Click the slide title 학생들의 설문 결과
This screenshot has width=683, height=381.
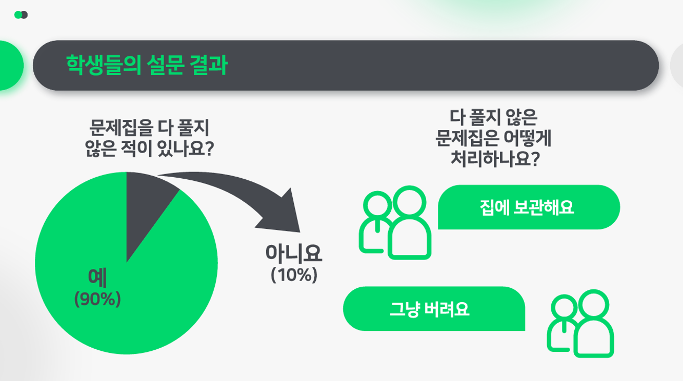click(147, 65)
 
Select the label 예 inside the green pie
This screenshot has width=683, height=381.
click(97, 278)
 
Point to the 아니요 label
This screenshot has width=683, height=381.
click(294, 253)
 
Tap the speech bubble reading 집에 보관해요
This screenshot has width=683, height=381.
click(529, 207)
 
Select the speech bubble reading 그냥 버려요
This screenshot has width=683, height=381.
click(434, 309)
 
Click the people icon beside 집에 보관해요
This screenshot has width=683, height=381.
click(395, 223)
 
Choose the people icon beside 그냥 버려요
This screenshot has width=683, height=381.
click(580, 324)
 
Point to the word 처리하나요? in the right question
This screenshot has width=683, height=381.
click(495, 159)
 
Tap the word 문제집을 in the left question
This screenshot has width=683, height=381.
click(121, 128)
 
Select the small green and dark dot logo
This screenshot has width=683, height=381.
click(21, 15)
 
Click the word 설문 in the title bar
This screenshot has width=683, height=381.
click(165, 65)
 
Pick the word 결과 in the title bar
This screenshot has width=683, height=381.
click(209, 65)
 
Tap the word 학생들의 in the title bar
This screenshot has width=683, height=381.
click(104, 65)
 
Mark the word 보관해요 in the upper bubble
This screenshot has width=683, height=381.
click(544, 207)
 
